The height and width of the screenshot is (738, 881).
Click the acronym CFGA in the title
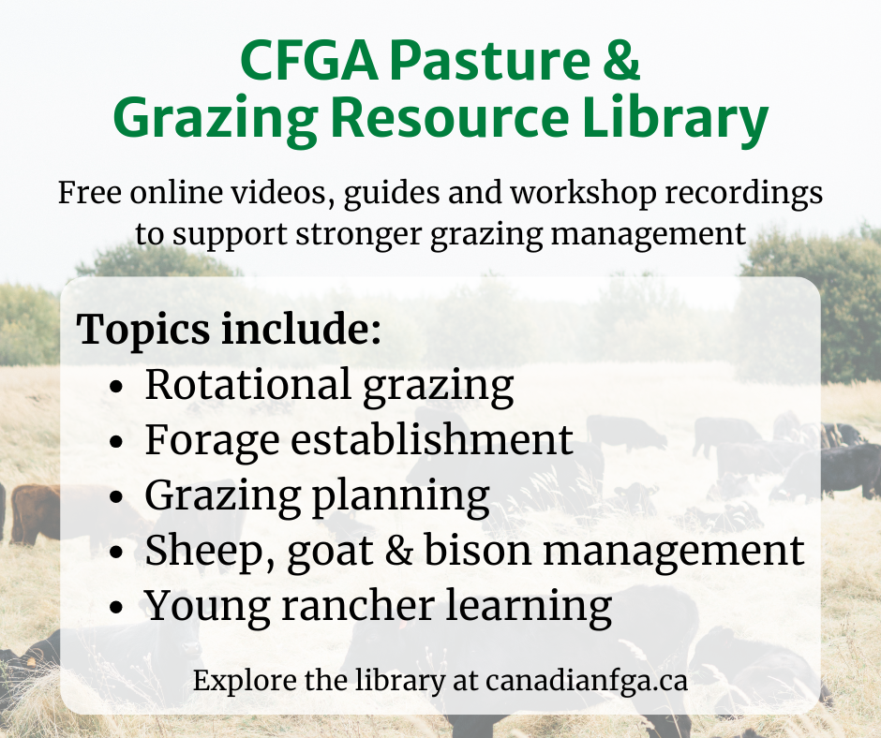click(309, 60)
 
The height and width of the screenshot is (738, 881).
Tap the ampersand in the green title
click(621, 60)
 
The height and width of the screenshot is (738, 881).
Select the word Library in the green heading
click(675, 119)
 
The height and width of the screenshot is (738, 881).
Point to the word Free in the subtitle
click(89, 193)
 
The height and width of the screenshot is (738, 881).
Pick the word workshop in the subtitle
click(583, 193)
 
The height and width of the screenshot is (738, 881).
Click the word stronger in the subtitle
click(358, 233)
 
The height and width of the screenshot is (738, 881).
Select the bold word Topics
click(142, 329)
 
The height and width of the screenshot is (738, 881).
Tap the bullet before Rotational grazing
click(116, 387)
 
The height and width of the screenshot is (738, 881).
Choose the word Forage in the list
click(213, 441)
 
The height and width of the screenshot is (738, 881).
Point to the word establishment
click(431, 439)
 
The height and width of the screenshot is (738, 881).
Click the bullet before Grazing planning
click(116, 497)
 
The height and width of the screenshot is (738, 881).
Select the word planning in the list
click(400, 495)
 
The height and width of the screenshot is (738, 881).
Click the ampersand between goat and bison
click(398, 551)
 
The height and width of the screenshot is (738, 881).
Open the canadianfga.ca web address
click(587, 680)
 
